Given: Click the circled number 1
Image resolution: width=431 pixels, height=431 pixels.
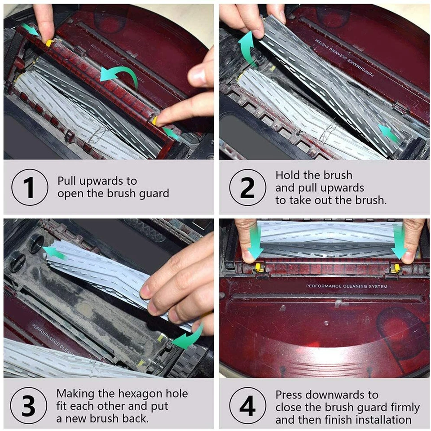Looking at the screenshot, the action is click(30, 187).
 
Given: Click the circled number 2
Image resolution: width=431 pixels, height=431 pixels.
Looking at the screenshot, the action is click(248, 187).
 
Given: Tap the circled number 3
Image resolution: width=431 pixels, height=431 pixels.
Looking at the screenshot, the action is click(29, 405).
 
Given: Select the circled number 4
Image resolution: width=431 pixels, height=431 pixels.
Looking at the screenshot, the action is click(248, 405).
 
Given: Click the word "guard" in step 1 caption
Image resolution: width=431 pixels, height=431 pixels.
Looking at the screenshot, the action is click(154, 194).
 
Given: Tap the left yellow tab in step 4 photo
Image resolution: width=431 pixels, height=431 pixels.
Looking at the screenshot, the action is click(258, 267).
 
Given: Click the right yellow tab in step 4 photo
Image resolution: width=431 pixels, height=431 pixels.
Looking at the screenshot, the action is click(396, 268).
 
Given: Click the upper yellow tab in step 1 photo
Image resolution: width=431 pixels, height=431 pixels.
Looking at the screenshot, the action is click(49, 43).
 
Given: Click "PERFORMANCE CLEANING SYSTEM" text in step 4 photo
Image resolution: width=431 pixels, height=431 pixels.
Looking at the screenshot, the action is click(347, 286).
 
